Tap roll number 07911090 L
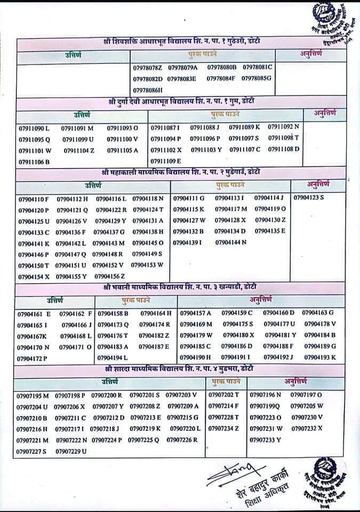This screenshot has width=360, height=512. coord(34,129)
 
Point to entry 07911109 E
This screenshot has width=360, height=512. coord(166,161)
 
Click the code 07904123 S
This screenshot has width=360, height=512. coord(309,198)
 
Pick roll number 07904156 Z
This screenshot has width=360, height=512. coord(109,276)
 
